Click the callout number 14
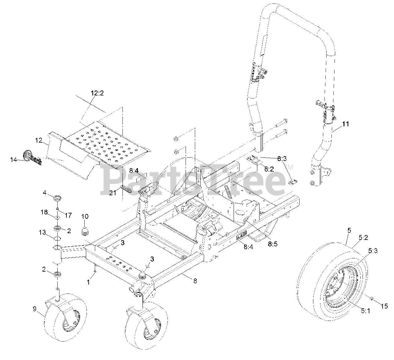(14, 160)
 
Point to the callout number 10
(85, 217)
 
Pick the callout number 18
(44, 212)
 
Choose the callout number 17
(68, 216)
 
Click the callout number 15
(384, 306)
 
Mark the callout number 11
(346, 124)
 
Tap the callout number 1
(88, 281)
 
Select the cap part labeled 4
(57, 198)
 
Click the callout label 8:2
(269, 169)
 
